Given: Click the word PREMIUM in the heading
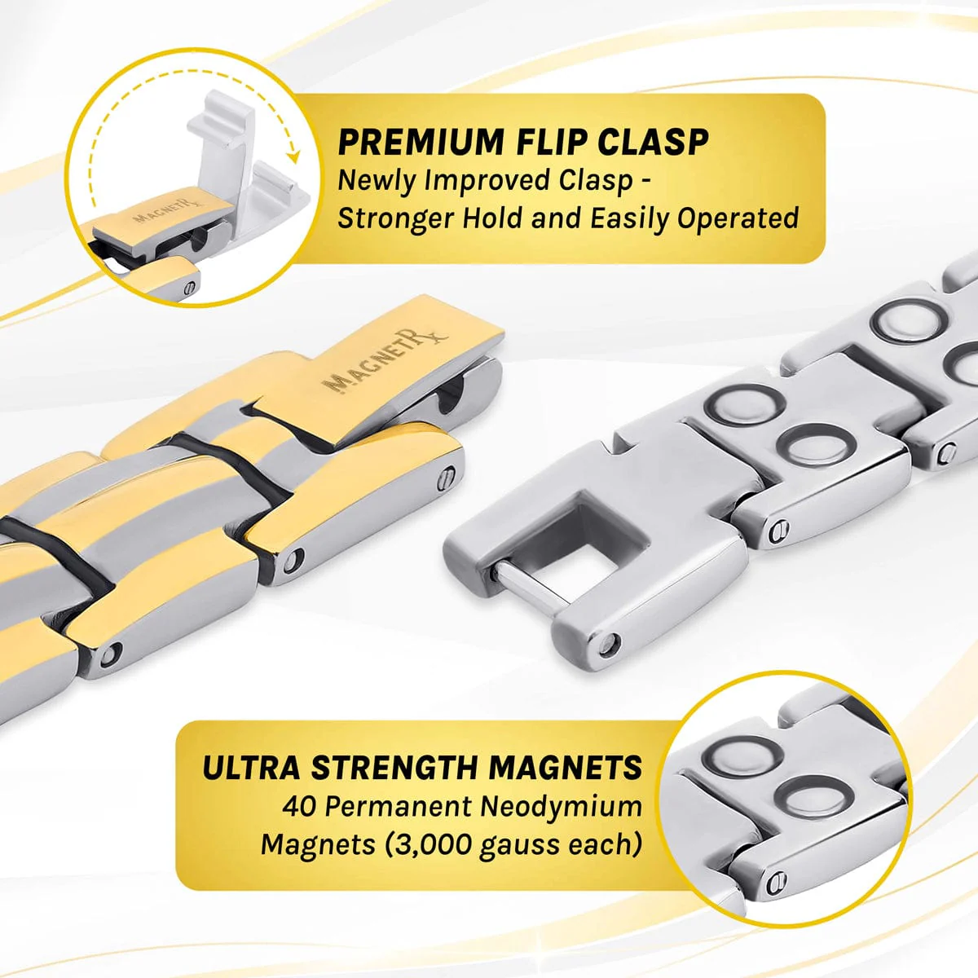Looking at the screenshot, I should coord(421,142).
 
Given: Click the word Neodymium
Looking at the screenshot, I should coord(561,807).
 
